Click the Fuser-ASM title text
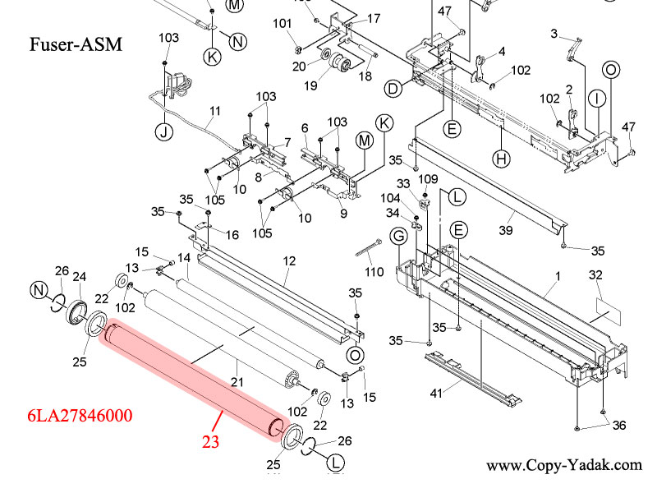click(76, 44)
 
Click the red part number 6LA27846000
click(79, 416)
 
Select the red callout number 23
click(212, 441)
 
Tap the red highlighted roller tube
click(197, 383)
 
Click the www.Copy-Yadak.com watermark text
click(563, 466)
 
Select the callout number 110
click(374, 272)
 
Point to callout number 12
click(289, 260)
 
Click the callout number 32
click(595, 274)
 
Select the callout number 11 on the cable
click(215, 111)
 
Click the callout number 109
click(429, 178)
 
